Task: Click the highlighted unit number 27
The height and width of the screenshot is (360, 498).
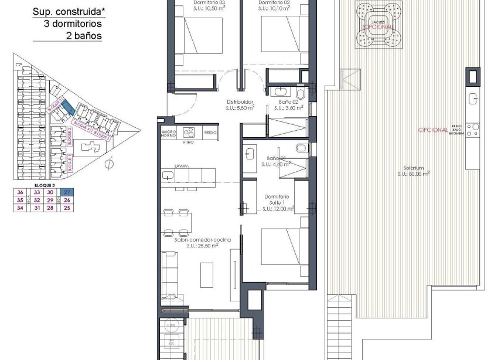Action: pos(67,192)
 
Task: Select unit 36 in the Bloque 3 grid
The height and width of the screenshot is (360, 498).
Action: pos(21,192)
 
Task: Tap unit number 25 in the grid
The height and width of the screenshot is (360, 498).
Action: pos(67,208)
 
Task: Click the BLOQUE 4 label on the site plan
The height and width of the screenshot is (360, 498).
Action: pos(81,125)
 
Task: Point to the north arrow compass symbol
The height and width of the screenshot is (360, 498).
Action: pos(107,165)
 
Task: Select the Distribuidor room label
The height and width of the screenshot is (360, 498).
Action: pos(240,104)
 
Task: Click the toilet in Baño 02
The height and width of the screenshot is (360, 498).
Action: pos(301,93)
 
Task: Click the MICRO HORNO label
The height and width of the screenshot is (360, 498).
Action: pos(169,133)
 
